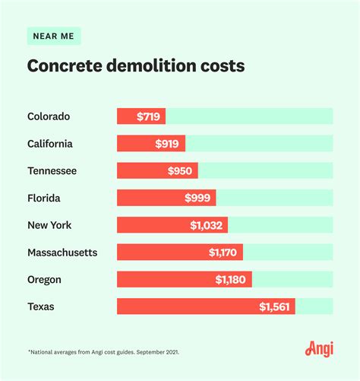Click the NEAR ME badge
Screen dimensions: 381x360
(x=54, y=36)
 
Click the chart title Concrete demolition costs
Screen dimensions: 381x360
(x=136, y=66)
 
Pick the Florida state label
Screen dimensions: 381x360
(x=44, y=198)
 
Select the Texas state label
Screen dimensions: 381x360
(x=42, y=306)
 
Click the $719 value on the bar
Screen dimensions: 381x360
(x=149, y=116)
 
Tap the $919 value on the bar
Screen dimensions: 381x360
(x=169, y=144)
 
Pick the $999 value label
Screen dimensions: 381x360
(x=199, y=198)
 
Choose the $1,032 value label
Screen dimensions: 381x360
(x=207, y=225)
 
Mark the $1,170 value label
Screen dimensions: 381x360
(x=225, y=252)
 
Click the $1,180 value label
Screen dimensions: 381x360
(x=231, y=279)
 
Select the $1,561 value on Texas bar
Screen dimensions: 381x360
(x=274, y=306)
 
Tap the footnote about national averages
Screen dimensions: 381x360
(x=103, y=353)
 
